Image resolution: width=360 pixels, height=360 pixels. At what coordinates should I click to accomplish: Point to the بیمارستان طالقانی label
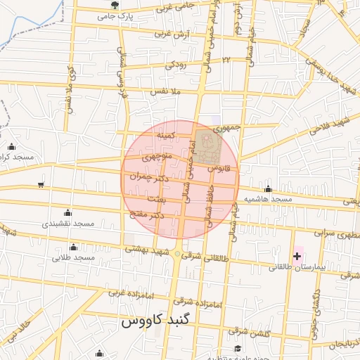[x=289, y=268]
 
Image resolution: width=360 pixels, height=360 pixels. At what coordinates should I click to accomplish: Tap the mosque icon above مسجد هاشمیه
[x=268, y=188]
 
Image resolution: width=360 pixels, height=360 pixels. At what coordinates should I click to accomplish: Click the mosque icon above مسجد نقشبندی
[x=67, y=212]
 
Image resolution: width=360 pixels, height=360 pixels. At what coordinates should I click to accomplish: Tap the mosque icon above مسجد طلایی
[x=74, y=247]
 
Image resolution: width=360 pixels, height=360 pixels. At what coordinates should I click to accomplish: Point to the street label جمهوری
[x=227, y=128]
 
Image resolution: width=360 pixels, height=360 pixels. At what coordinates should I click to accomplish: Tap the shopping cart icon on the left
[x=41, y=185]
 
